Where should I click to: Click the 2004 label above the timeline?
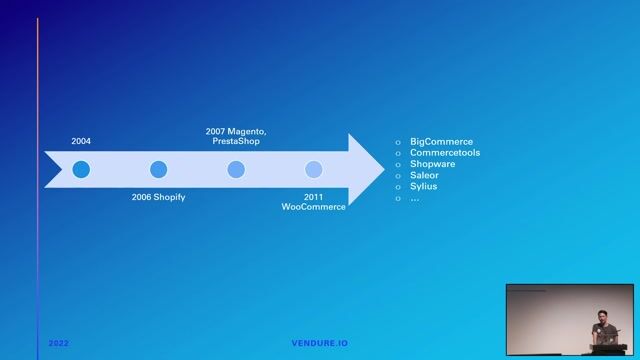[x=81, y=142]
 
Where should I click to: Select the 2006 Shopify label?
[x=158, y=197]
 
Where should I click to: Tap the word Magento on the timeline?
[x=247, y=131]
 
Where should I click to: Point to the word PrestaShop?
[x=236, y=142]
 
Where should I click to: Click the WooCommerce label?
[x=313, y=207]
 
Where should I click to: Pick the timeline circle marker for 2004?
[x=81, y=169]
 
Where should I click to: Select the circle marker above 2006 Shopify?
[x=158, y=169]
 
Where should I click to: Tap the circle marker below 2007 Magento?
[x=236, y=169]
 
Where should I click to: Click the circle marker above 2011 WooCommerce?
[x=313, y=169]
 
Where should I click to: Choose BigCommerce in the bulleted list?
[x=441, y=142]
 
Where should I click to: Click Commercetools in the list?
[x=445, y=153]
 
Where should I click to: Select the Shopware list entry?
[x=432, y=164]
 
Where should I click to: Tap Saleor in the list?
[x=424, y=175]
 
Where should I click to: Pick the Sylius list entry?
[x=423, y=186]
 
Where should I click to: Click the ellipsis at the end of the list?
[x=414, y=197]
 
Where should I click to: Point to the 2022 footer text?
[x=58, y=343]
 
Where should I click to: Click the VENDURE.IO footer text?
[x=320, y=343]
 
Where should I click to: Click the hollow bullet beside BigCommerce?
[x=398, y=143]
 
